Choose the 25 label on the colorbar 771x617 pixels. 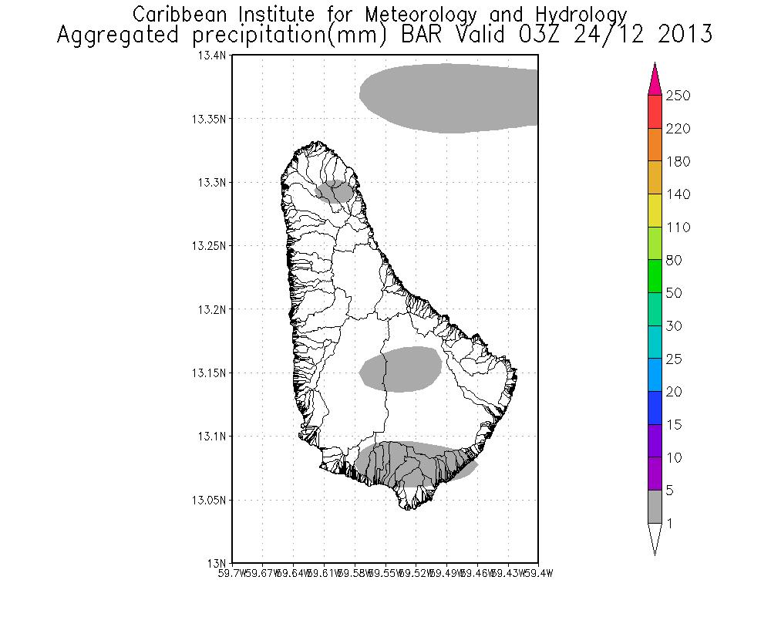tap(675, 359)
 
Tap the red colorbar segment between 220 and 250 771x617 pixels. tap(655, 112)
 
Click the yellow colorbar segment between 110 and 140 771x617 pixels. tap(655, 211)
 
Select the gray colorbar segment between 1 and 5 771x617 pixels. tap(655, 507)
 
